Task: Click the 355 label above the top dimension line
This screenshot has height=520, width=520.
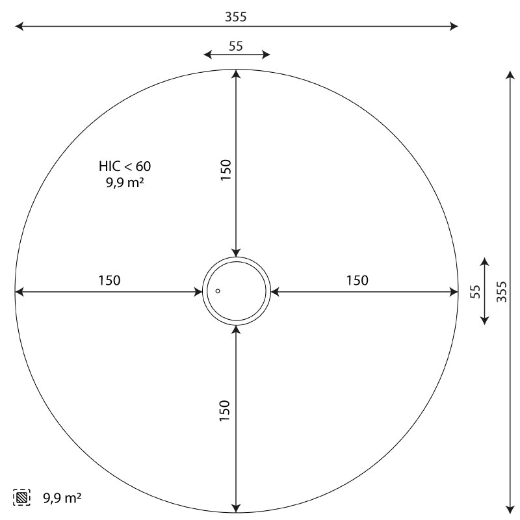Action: coord(236,17)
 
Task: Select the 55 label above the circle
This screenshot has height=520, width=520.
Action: coord(236,46)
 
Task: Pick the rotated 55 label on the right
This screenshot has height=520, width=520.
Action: coord(475,292)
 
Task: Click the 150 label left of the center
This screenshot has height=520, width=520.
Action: coord(109,281)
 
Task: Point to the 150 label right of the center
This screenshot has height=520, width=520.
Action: coord(357,281)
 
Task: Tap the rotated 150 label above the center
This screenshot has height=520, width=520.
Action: coord(226,170)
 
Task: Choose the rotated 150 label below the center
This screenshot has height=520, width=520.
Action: coord(224,411)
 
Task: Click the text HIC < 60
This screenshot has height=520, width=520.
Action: coord(125,166)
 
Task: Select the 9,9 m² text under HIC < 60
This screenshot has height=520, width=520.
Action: coord(125,182)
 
